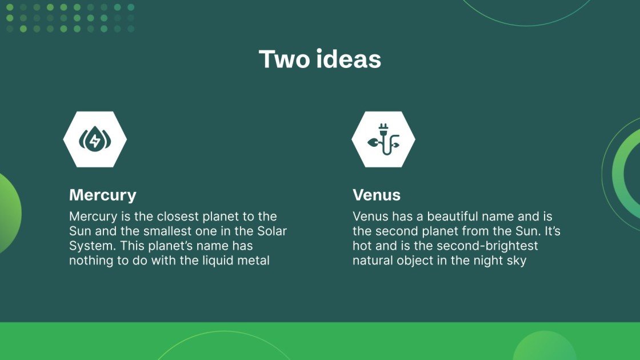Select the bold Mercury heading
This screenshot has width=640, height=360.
coord(103,195)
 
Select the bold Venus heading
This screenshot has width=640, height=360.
coord(377,195)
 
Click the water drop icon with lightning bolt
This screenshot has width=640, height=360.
coord(95,139)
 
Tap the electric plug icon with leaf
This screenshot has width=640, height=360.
coord(383,139)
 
